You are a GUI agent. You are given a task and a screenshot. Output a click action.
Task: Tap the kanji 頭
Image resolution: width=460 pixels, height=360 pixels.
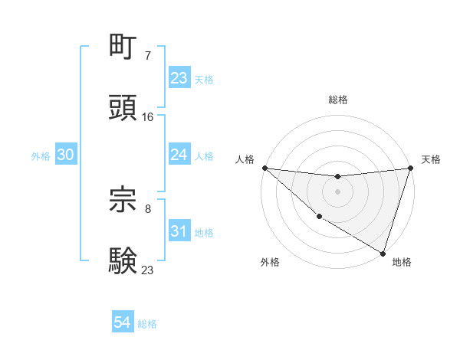tap(123, 107)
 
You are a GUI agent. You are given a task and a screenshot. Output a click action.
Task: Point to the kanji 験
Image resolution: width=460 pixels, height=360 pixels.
tap(123, 260)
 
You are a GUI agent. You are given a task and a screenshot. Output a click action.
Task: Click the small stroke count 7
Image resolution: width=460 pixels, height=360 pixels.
tap(148, 55)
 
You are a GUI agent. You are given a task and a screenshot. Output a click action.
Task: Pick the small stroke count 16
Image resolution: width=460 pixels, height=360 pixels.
tap(148, 116)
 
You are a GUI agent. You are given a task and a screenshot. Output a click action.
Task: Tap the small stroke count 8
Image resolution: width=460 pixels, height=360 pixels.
tap(148, 208)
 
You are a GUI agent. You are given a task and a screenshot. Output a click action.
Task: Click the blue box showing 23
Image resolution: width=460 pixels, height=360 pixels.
tap(179, 78)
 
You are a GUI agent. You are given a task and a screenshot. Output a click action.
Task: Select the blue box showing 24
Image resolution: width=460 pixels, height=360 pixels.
tap(179, 155)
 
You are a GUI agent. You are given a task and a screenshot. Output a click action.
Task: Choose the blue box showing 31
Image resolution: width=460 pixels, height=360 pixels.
tap(179, 231)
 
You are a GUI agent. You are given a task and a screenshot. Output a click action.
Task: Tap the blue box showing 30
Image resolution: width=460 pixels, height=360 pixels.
tap(65, 155)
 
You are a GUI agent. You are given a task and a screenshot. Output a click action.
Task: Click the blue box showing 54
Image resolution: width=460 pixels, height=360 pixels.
tap(122, 322)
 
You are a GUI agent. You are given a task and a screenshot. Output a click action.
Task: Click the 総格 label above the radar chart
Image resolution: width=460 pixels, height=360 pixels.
tap(337, 100)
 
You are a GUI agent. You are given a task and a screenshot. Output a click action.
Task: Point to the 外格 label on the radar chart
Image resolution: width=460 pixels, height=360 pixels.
tap(270, 262)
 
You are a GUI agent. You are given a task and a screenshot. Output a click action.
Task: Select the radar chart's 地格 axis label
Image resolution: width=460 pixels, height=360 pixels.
tap(402, 262)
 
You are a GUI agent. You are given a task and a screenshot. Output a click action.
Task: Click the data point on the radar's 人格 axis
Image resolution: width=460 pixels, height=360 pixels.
tap(264, 168)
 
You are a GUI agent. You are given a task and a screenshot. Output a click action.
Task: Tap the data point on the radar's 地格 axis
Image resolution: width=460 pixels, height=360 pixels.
tap(383, 253)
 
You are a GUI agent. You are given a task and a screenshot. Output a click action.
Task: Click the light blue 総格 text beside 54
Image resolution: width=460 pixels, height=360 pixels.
tap(147, 324)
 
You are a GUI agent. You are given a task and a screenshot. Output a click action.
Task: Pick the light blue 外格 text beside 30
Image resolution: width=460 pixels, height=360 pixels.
tap(41, 156)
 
